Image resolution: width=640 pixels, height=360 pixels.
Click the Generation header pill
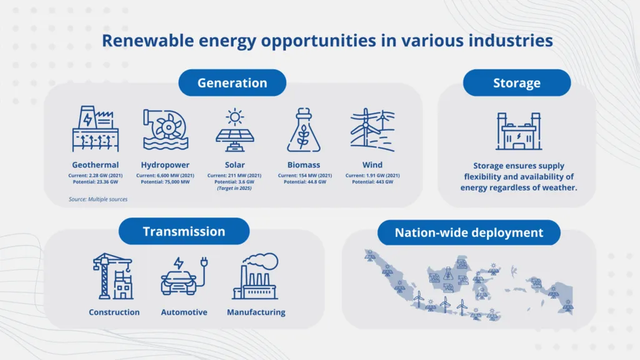[232, 83]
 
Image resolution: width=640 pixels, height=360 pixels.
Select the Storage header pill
[517, 83]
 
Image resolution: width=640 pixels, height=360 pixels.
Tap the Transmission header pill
[184, 231]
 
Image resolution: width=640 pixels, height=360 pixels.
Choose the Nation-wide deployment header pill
[469, 232]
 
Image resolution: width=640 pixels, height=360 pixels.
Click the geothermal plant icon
[96, 129]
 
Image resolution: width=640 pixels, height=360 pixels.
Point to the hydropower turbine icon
[165, 129]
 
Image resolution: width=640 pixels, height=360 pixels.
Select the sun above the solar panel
[235, 117]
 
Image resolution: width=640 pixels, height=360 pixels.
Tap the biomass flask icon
[304, 130]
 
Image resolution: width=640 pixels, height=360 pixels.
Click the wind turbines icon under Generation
[372, 130]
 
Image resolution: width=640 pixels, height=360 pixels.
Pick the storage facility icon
[519, 131]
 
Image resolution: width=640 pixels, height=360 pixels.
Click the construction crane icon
[113, 276]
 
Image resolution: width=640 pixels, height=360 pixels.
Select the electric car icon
[184, 276]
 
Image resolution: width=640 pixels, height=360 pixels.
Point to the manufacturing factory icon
[256, 276]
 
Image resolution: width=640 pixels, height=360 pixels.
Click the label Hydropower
[165, 165]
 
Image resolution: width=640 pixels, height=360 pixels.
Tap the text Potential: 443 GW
[372, 182]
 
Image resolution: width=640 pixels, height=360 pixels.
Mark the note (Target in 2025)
[234, 188]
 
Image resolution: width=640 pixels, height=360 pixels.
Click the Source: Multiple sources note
[98, 199]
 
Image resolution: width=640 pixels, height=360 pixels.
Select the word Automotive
[184, 312]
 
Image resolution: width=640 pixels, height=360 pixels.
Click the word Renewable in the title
[147, 41]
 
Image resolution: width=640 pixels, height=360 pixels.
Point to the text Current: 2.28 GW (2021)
[96, 176]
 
